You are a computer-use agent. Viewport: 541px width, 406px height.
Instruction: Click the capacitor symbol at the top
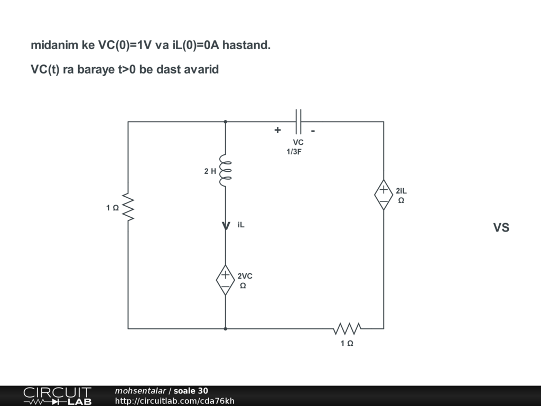[299, 122]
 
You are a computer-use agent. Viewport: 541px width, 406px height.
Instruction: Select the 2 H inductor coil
[226, 171]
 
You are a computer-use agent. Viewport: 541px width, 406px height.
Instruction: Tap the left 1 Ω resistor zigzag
[128, 208]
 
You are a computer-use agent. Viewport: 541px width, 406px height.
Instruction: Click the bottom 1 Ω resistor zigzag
[347, 329]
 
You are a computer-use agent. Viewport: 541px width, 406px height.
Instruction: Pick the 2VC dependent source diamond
[226, 280]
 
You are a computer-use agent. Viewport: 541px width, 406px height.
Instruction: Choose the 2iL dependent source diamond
[384, 195]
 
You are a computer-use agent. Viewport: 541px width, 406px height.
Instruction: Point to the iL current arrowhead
[226, 226]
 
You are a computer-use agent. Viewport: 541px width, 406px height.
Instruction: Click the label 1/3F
[294, 152]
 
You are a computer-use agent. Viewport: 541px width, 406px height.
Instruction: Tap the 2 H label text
[210, 171]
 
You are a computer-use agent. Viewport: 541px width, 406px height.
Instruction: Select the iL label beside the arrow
[241, 225]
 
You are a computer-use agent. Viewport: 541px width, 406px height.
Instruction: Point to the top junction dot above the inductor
[226, 122]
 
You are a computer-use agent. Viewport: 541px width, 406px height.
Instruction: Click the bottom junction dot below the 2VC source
[226, 329]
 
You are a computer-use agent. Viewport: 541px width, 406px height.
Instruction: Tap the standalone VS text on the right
[501, 228]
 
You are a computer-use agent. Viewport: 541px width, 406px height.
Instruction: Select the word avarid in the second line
[201, 70]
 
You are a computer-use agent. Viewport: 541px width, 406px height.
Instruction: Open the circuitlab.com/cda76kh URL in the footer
[174, 401]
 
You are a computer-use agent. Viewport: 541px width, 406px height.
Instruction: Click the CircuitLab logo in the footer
[57, 396]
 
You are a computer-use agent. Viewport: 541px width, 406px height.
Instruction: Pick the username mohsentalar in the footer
[140, 391]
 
